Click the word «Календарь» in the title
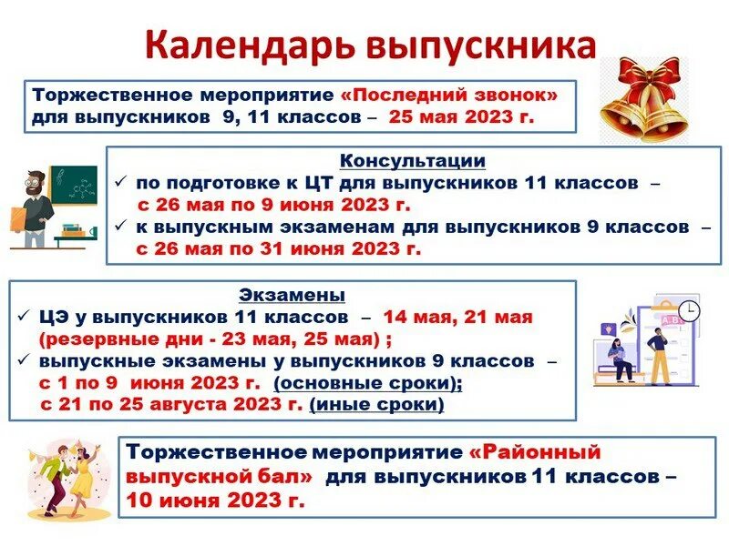[x=243, y=47]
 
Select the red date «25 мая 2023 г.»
[x=461, y=117]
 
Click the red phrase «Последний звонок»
[x=460, y=95]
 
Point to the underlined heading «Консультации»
[x=412, y=161]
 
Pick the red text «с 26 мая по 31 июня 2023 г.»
[x=278, y=248]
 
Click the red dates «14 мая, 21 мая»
[x=457, y=318]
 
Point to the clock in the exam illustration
[x=689, y=310]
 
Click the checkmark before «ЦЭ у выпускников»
[x=25, y=318]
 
